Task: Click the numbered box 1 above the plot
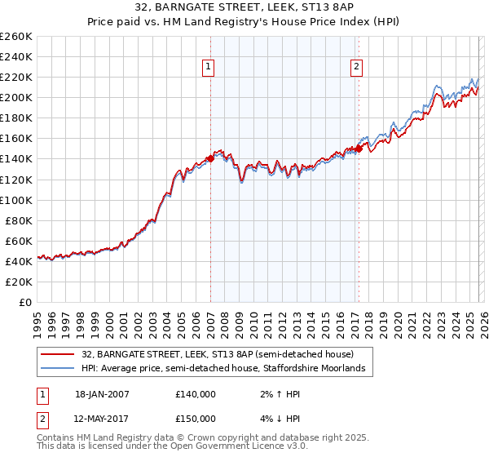(x=209, y=68)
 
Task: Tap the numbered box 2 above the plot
(x=357, y=68)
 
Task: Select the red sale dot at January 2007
(x=210, y=159)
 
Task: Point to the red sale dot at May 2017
(x=359, y=149)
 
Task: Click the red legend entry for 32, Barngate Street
(x=217, y=355)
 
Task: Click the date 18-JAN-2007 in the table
(x=102, y=394)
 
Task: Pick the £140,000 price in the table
(x=195, y=394)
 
